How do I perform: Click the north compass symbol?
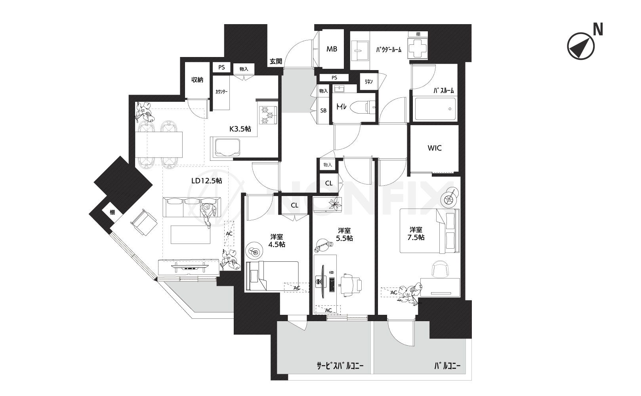581,46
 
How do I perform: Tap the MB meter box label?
332,49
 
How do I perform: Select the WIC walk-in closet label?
434,148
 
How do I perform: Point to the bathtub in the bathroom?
435,110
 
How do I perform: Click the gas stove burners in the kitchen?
268,115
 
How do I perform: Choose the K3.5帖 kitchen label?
240,129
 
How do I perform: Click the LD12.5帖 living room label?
207,181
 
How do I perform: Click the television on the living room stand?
190,268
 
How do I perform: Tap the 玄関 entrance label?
276,61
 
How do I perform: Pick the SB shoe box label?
323,110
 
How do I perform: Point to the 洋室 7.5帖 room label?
416,234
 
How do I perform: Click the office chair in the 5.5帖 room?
351,285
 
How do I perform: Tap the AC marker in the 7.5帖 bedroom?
394,292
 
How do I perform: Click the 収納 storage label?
197,80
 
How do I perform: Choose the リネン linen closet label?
368,82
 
